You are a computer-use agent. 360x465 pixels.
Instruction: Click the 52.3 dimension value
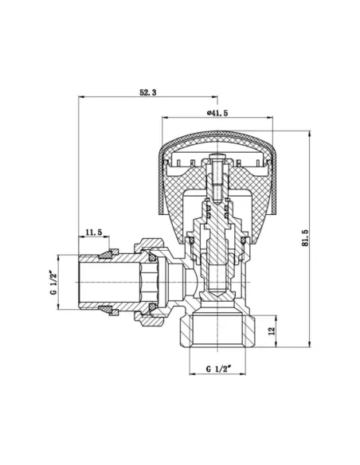(147, 93)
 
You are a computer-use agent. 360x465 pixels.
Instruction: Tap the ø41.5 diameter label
(217, 113)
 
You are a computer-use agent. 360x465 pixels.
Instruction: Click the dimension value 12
(272, 330)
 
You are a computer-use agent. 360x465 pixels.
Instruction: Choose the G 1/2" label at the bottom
(217, 369)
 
